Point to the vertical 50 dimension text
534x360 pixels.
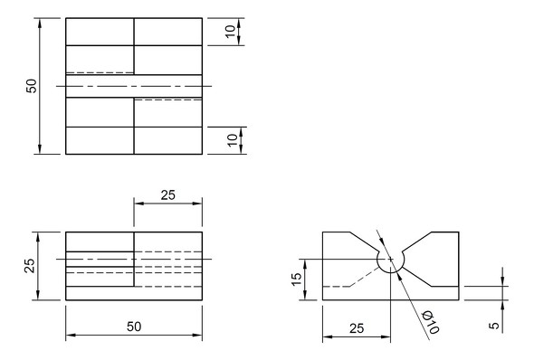(x=31, y=86)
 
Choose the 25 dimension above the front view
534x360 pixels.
(x=167, y=194)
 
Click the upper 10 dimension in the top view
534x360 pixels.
(x=231, y=30)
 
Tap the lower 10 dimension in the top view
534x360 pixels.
(x=231, y=139)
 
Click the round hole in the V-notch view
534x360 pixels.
(x=390, y=259)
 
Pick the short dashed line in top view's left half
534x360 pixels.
(x=100, y=72)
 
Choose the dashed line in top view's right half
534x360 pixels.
(x=167, y=99)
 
